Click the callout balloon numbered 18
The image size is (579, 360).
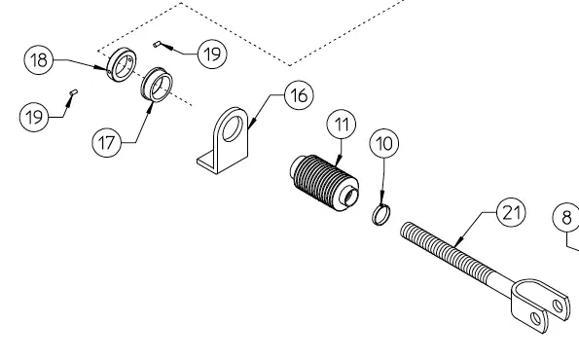(x=39, y=59)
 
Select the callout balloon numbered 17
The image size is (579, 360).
(x=107, y=142)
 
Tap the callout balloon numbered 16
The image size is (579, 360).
(x=299, y=95)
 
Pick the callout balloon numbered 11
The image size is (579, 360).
(x=342, y=125)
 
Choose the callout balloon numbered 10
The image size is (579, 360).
(x=384, y=143)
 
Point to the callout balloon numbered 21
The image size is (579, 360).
(x=512, y=213)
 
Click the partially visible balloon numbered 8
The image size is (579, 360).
(x=566, y=218)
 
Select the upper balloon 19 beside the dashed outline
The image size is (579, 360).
(x=212, y=54)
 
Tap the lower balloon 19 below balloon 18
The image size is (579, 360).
(x=34, y=117)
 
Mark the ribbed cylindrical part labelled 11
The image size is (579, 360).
(x=324, y=183)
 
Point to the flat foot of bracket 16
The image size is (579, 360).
(x=208, y=162)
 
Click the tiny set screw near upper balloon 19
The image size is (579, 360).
(x=157, y=45)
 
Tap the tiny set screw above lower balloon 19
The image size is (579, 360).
(x=74, y=91)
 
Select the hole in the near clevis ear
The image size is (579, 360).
(x=535, y=318)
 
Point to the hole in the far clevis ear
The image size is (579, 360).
(x=558, y=306)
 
